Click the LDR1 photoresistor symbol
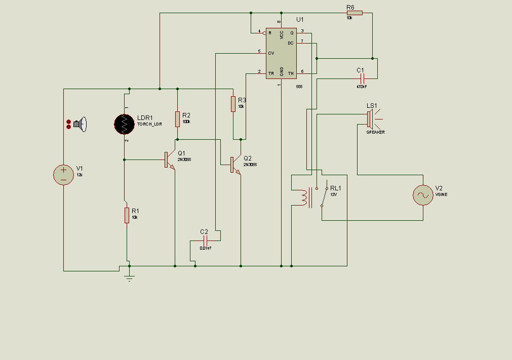[125, 124]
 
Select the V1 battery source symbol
[64, 175]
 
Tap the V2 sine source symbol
[423, 195]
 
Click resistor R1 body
[127, 215]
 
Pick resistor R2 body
[178, 119]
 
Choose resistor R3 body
[233, 103]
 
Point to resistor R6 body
[355, 13]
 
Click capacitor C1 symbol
[362, 78]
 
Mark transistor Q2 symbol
[234, 165]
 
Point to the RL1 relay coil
[304, 197]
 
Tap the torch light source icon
[80, 124]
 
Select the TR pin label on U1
[271, 73]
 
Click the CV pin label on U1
[271, 53]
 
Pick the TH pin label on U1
[291, 73]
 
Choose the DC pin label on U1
[291, 43]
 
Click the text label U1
[300, 20]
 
